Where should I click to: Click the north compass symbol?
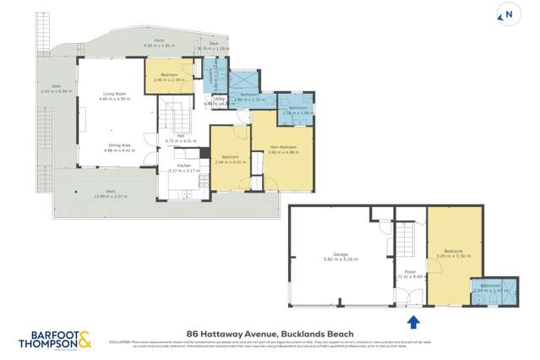tap(509, 14)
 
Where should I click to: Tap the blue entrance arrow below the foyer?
tap(413, 321)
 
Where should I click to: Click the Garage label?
tap(341, 256)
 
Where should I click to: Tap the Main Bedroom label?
tap(281, 150)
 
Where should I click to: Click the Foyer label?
tap(409, 272)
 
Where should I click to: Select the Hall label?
tap(180, 138)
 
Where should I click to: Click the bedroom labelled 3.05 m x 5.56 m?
tap(454, 253)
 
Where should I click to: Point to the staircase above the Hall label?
tap(172, 113)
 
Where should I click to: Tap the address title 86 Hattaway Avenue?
tap(270, 334)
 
